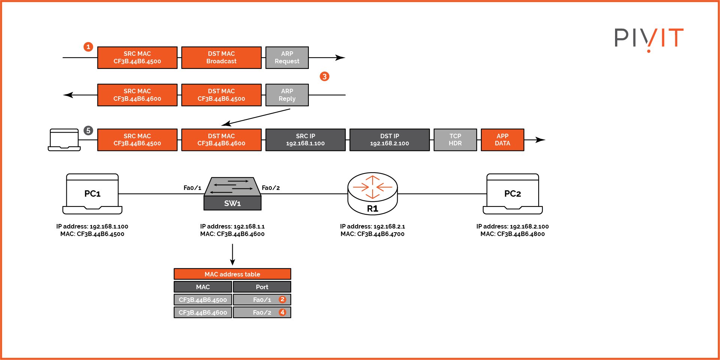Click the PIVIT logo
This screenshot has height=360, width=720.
pyautogui.click(x=648, y=39)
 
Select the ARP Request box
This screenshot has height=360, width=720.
pyautogui.click(x=287, y=58)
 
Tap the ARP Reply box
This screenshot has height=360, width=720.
pyautogui.click(x=287, y=95)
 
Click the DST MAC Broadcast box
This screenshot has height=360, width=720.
pyautogui.click(x=221, y=58)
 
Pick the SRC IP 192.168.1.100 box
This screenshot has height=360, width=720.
pyautogui.click(x=305, y=140)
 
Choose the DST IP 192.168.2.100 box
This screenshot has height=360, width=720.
pyautogui.click(x=389, y=140)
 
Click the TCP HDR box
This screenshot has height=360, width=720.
pyautogui.click(x=455, y=140)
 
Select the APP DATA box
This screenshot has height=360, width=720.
pyautogui.click(x=502, y=140)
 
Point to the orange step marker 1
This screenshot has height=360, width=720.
pyautogui.click(x=88, y=47)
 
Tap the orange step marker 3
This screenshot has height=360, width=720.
pyautogui.click(x=324, y=76)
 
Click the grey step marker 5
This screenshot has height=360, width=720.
pyautogui.click(x=88, y=130)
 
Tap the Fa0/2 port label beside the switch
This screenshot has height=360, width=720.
pyautogui.click(x=271, y=188)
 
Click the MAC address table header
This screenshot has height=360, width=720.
pyautogui.click(x=232, y=274)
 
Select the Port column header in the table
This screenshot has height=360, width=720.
pyautogui.click(x=262, y=287)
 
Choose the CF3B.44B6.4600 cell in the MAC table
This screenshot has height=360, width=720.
pyautogui.click(x=203, y=312)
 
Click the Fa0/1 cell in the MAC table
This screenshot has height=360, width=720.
pyautogui.click(x=262, y=300)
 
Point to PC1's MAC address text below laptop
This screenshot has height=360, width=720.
pyautogui.click(x=92, y=234)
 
